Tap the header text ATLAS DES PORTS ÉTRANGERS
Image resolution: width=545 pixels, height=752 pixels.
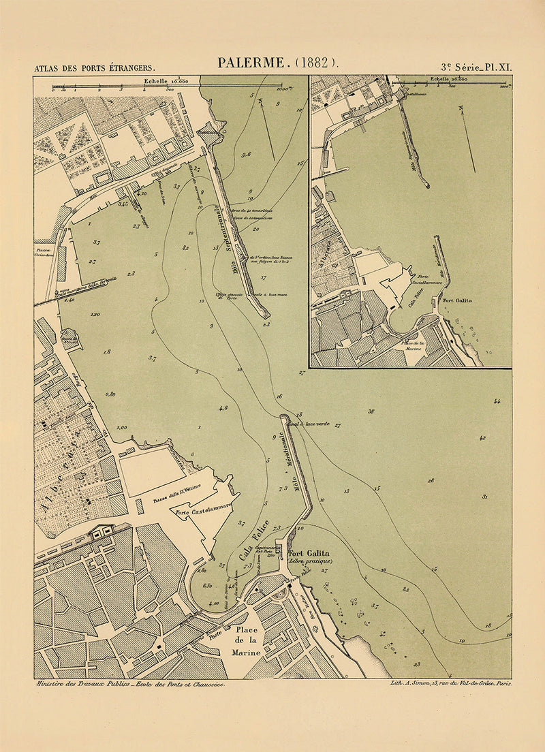[x=95, y=68]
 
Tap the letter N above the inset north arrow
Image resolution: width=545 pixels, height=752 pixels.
[x=461, y=108]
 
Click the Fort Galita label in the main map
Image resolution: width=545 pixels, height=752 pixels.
[x=309, y=553]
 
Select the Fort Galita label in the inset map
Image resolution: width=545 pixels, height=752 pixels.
[x=457, y=299]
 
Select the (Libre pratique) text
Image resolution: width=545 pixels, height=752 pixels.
[x=310, y=561]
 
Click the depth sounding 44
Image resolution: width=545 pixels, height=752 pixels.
[x=497, y=402]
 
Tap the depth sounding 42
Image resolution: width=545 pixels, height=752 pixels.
[x=482, y=437]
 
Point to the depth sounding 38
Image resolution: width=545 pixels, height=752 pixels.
[x=371, y=411]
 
